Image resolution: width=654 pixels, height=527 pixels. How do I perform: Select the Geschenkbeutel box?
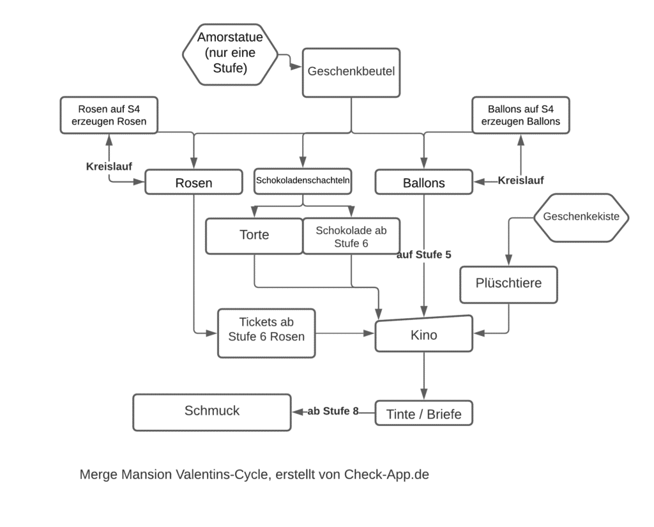[x=351, y=72]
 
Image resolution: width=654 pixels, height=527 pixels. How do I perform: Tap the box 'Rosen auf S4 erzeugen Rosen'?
[x=109, y=115]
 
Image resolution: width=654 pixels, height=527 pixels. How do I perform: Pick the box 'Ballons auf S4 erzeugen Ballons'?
[x=520, y=115]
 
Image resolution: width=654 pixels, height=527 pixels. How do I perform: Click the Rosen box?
[x=194, y=183]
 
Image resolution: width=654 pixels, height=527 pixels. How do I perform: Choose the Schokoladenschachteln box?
[x=304, y=181]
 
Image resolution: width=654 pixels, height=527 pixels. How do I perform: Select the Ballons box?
[x=424, y=183]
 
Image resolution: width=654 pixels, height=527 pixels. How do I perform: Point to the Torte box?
[x=254, y=235]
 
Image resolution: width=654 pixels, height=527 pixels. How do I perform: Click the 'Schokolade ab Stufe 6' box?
[x=351, y=236]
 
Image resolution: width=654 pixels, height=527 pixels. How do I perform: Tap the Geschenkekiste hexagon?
[x=581, y=217]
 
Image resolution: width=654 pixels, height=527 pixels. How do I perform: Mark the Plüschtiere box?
[x=508, y=283]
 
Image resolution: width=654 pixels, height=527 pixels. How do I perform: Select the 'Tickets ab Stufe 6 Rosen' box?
[x=266, y=333]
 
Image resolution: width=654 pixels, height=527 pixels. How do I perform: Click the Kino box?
[x=424, y=333]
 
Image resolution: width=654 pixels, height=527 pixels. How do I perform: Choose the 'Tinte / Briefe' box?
[x=424, y=415]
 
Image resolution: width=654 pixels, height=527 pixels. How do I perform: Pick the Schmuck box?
[x=211, y=411]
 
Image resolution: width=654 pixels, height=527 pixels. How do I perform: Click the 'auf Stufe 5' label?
[x=424, y=255]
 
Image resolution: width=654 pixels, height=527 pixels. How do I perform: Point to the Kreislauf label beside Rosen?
[x=109, y=166]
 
